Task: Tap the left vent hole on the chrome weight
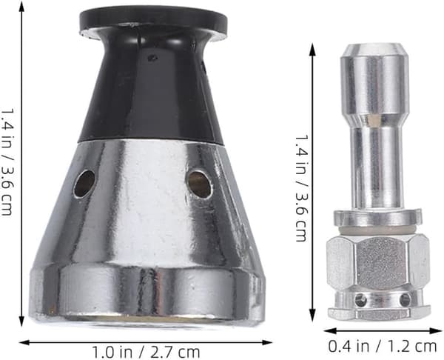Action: (84, 183)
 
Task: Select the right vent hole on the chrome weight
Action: (199, 184)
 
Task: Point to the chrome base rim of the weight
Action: (147, 295)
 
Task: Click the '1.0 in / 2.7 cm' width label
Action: (146, 352)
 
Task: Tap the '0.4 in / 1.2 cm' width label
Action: (383, 346)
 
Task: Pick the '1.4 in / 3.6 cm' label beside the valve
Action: (300, 187)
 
